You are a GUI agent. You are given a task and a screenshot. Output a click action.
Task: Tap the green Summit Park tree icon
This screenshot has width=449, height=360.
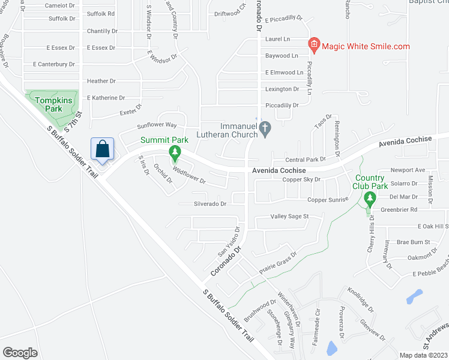175,154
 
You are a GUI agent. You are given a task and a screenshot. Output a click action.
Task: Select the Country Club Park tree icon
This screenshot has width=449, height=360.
370,199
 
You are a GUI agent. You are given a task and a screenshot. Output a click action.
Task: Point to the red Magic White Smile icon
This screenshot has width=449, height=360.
313,45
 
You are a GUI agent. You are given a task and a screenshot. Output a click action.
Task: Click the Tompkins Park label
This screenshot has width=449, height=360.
49,105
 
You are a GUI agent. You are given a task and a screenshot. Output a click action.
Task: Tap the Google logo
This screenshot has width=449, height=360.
20,353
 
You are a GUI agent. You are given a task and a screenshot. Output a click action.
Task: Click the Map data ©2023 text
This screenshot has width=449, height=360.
424,355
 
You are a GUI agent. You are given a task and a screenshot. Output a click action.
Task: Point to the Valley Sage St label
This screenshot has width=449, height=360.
289,217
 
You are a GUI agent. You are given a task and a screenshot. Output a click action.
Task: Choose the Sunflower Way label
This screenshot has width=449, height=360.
156,125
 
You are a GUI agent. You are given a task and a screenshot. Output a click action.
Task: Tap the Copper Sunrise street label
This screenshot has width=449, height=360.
327,200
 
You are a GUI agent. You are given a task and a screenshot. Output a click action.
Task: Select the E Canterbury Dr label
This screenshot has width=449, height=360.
54,64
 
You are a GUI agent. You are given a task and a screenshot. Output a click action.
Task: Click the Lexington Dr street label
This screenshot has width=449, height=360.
282,89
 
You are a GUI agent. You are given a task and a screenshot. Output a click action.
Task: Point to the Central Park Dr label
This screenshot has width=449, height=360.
305,160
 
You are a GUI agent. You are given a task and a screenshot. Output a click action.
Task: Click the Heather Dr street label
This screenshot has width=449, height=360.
101,81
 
